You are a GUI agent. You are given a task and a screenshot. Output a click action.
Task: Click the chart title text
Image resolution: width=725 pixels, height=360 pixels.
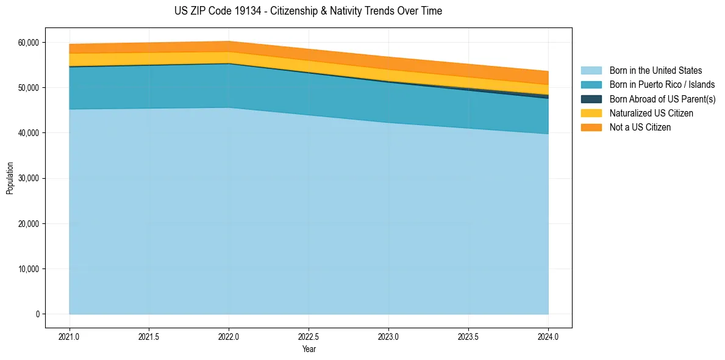308,11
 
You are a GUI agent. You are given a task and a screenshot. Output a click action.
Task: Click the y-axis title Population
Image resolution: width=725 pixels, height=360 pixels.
10,178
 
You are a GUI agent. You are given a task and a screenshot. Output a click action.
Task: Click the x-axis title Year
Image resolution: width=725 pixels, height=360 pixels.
309,349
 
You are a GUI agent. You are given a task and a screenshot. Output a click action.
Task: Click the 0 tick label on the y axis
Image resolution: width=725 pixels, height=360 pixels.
37,314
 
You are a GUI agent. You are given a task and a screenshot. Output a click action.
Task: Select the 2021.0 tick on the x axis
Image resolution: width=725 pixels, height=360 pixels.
70,336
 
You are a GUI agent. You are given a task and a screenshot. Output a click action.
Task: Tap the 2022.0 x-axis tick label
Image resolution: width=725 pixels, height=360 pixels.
229,336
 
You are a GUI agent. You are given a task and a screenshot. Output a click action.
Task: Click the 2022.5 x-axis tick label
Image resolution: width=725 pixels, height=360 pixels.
309,336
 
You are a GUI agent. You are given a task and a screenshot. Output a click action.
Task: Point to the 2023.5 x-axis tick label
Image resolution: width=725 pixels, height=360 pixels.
468,336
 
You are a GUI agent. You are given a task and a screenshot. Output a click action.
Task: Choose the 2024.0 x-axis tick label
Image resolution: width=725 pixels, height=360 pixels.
548,336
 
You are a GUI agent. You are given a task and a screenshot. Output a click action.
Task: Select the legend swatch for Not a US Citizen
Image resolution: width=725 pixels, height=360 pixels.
591,128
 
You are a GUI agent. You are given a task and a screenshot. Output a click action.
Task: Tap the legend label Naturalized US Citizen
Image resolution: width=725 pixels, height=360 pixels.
651,113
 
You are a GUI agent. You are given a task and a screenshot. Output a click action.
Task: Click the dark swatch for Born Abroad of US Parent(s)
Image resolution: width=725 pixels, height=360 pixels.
591,99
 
